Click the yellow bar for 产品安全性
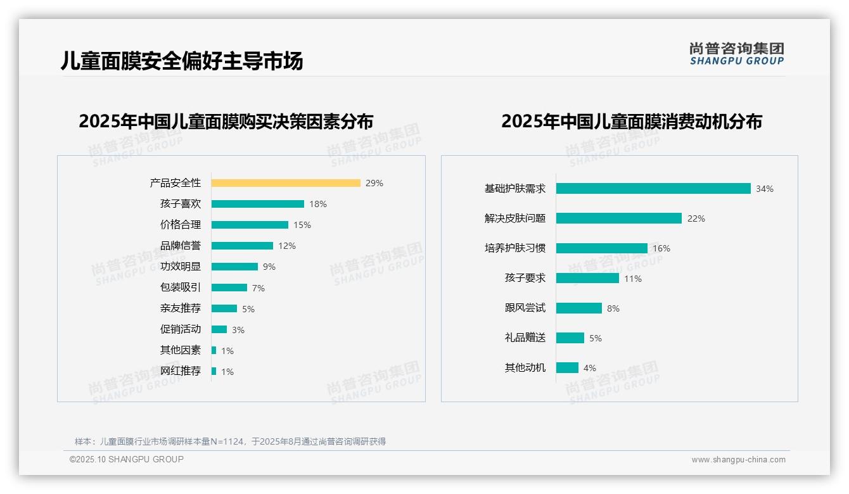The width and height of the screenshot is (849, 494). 286,183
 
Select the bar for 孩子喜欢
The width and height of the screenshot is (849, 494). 258,204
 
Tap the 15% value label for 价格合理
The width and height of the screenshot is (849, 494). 302,225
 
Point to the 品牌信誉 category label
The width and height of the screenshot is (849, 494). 181,246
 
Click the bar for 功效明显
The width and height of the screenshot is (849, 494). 234,267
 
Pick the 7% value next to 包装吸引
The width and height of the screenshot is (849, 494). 259,288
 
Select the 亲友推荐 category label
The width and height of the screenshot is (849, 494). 181,308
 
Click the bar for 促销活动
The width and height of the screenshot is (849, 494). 219,329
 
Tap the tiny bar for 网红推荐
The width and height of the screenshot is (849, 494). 214,371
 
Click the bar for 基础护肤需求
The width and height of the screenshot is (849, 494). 653,189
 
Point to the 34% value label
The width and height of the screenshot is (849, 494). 764,189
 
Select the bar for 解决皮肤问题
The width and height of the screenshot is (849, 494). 619,218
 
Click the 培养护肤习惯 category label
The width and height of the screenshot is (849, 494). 514,248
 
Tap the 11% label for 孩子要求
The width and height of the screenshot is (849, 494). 633,279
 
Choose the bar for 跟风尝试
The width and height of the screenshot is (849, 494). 579,308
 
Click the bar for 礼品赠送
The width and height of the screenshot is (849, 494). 570,338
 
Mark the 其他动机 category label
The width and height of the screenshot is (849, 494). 525,368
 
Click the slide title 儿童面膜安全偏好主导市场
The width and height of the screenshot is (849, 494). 182,61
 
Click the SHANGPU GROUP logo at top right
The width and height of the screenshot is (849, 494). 737,54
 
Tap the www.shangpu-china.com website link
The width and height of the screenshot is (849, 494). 738,460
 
